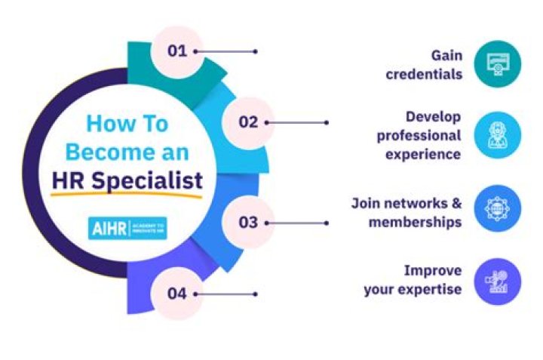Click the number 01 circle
click(177, 51)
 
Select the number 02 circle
click(248, 122)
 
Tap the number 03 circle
click(248, 222)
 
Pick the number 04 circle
click(176, 293)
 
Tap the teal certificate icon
click(497, 64)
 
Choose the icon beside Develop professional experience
click(497, 136)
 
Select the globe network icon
click(497, 208)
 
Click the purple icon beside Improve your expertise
click(497, 280)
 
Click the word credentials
click(424, 75)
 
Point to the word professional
click(419, 136)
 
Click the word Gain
click(446, 55)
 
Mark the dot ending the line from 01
click(256, 51)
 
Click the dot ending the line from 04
click(256, 293)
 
